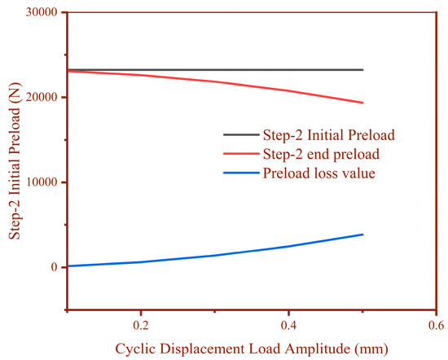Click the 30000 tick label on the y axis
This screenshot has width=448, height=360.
tap(42, 13)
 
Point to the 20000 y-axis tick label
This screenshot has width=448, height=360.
tap(42, 98)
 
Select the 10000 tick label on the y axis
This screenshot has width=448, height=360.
tap(42, 182)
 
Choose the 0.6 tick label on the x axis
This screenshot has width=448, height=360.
tap(435, 325)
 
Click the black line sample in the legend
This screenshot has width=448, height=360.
tap(239, 135)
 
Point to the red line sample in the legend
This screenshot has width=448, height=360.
tap(239, 154)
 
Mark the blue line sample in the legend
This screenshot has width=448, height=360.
tap(239, 173)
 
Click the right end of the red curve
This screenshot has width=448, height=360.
tap(362, 103)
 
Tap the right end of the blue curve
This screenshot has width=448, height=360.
tap(362, 235)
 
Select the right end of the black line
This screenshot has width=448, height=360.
tap(362, 70)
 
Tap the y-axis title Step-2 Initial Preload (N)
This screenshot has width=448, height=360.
tap(14, 163)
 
